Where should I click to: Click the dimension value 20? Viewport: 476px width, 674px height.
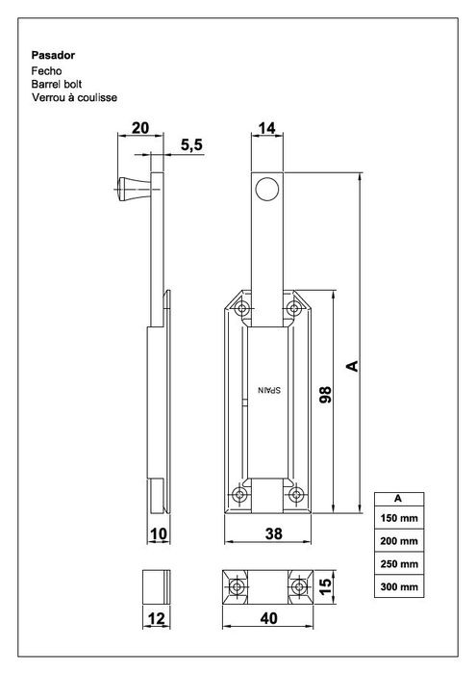[x=140, y=127]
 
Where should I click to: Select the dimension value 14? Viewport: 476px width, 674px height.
[x=269, y=127]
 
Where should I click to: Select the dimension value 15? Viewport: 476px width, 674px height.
[x=325, y=584]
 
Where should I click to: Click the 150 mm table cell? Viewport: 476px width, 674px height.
[x=397, y=519]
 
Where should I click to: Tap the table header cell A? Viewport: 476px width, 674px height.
[x=397, y=498]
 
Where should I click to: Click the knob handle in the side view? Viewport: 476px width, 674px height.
[x=131, y=189]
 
